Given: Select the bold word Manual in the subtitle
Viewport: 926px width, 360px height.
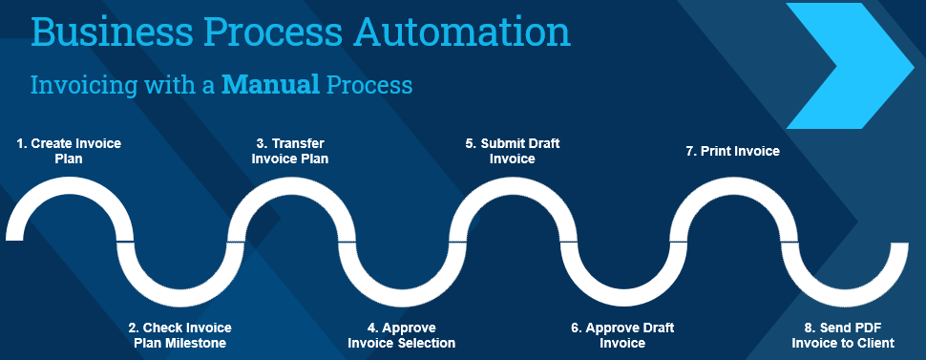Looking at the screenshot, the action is [x=270, y=85].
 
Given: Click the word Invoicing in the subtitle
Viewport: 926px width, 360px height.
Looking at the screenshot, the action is [x=80, y=86].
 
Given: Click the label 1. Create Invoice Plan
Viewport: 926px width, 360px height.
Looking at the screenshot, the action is [x=69, y=151].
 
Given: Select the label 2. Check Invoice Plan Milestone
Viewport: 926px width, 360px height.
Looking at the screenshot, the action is [x=179, y=335].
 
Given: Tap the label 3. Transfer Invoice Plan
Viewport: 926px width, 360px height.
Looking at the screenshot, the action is [x=290, y=151].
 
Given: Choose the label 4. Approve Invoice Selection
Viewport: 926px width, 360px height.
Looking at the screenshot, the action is [x=402, y=335].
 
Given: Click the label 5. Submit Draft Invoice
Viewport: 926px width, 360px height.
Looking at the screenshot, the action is [x=512, y=151].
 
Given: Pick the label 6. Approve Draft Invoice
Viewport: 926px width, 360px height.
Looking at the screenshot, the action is [x=622, y=335].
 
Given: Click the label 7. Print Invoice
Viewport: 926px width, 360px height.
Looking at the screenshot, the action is [x=732, y=151].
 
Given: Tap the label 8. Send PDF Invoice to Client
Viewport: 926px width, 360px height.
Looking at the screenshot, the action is [x=843, y=335].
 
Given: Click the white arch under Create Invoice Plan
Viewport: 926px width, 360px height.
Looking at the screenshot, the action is [x=69, y=184].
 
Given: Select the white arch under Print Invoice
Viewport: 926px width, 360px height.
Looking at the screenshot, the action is [x=733, y=184].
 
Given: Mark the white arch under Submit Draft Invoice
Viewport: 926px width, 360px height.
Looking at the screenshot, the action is [x=513, y=184].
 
